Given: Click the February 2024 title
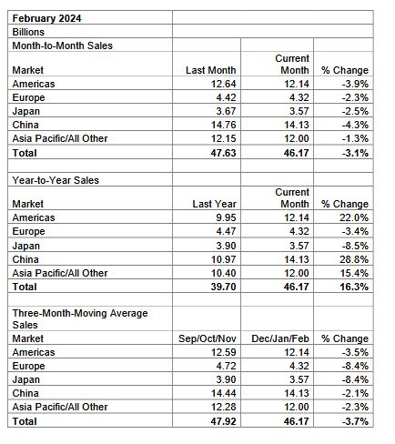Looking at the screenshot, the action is click(x=46, y=18).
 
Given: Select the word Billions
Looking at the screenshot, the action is click(x=28, y=32).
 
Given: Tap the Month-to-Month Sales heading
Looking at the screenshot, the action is click(x=62, y=45).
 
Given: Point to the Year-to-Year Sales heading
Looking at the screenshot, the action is click(x=56, y=180).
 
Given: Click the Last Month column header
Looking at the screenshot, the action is click(x=211, y=70).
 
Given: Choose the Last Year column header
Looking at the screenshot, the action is click(x=214, y=204).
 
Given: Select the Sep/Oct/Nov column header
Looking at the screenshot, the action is click(x=208, y=338).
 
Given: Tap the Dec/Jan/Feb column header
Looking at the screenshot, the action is click(x=280, y=338).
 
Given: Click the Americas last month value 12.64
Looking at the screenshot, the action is click(x=224, y=84).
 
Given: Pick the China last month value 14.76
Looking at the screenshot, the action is click(x=224, y=125).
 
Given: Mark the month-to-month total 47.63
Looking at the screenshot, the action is click(x=223, y=153).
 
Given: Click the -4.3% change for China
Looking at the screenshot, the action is click(x=355, y=125).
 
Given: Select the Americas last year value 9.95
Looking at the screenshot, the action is click(x=226, y=217).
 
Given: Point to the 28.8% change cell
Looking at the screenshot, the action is click(x=354, y=259).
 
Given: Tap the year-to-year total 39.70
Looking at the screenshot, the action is click(x=223, y=287).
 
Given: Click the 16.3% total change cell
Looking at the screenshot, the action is click(x=354, y=287).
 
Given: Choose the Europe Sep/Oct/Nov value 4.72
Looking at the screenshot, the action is click(x=226, y=366).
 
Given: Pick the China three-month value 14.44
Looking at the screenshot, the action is click(x=224, y=393).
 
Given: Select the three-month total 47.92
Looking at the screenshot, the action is click(x=223, y=421).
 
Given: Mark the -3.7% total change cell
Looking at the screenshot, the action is click(x=355, y=421).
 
